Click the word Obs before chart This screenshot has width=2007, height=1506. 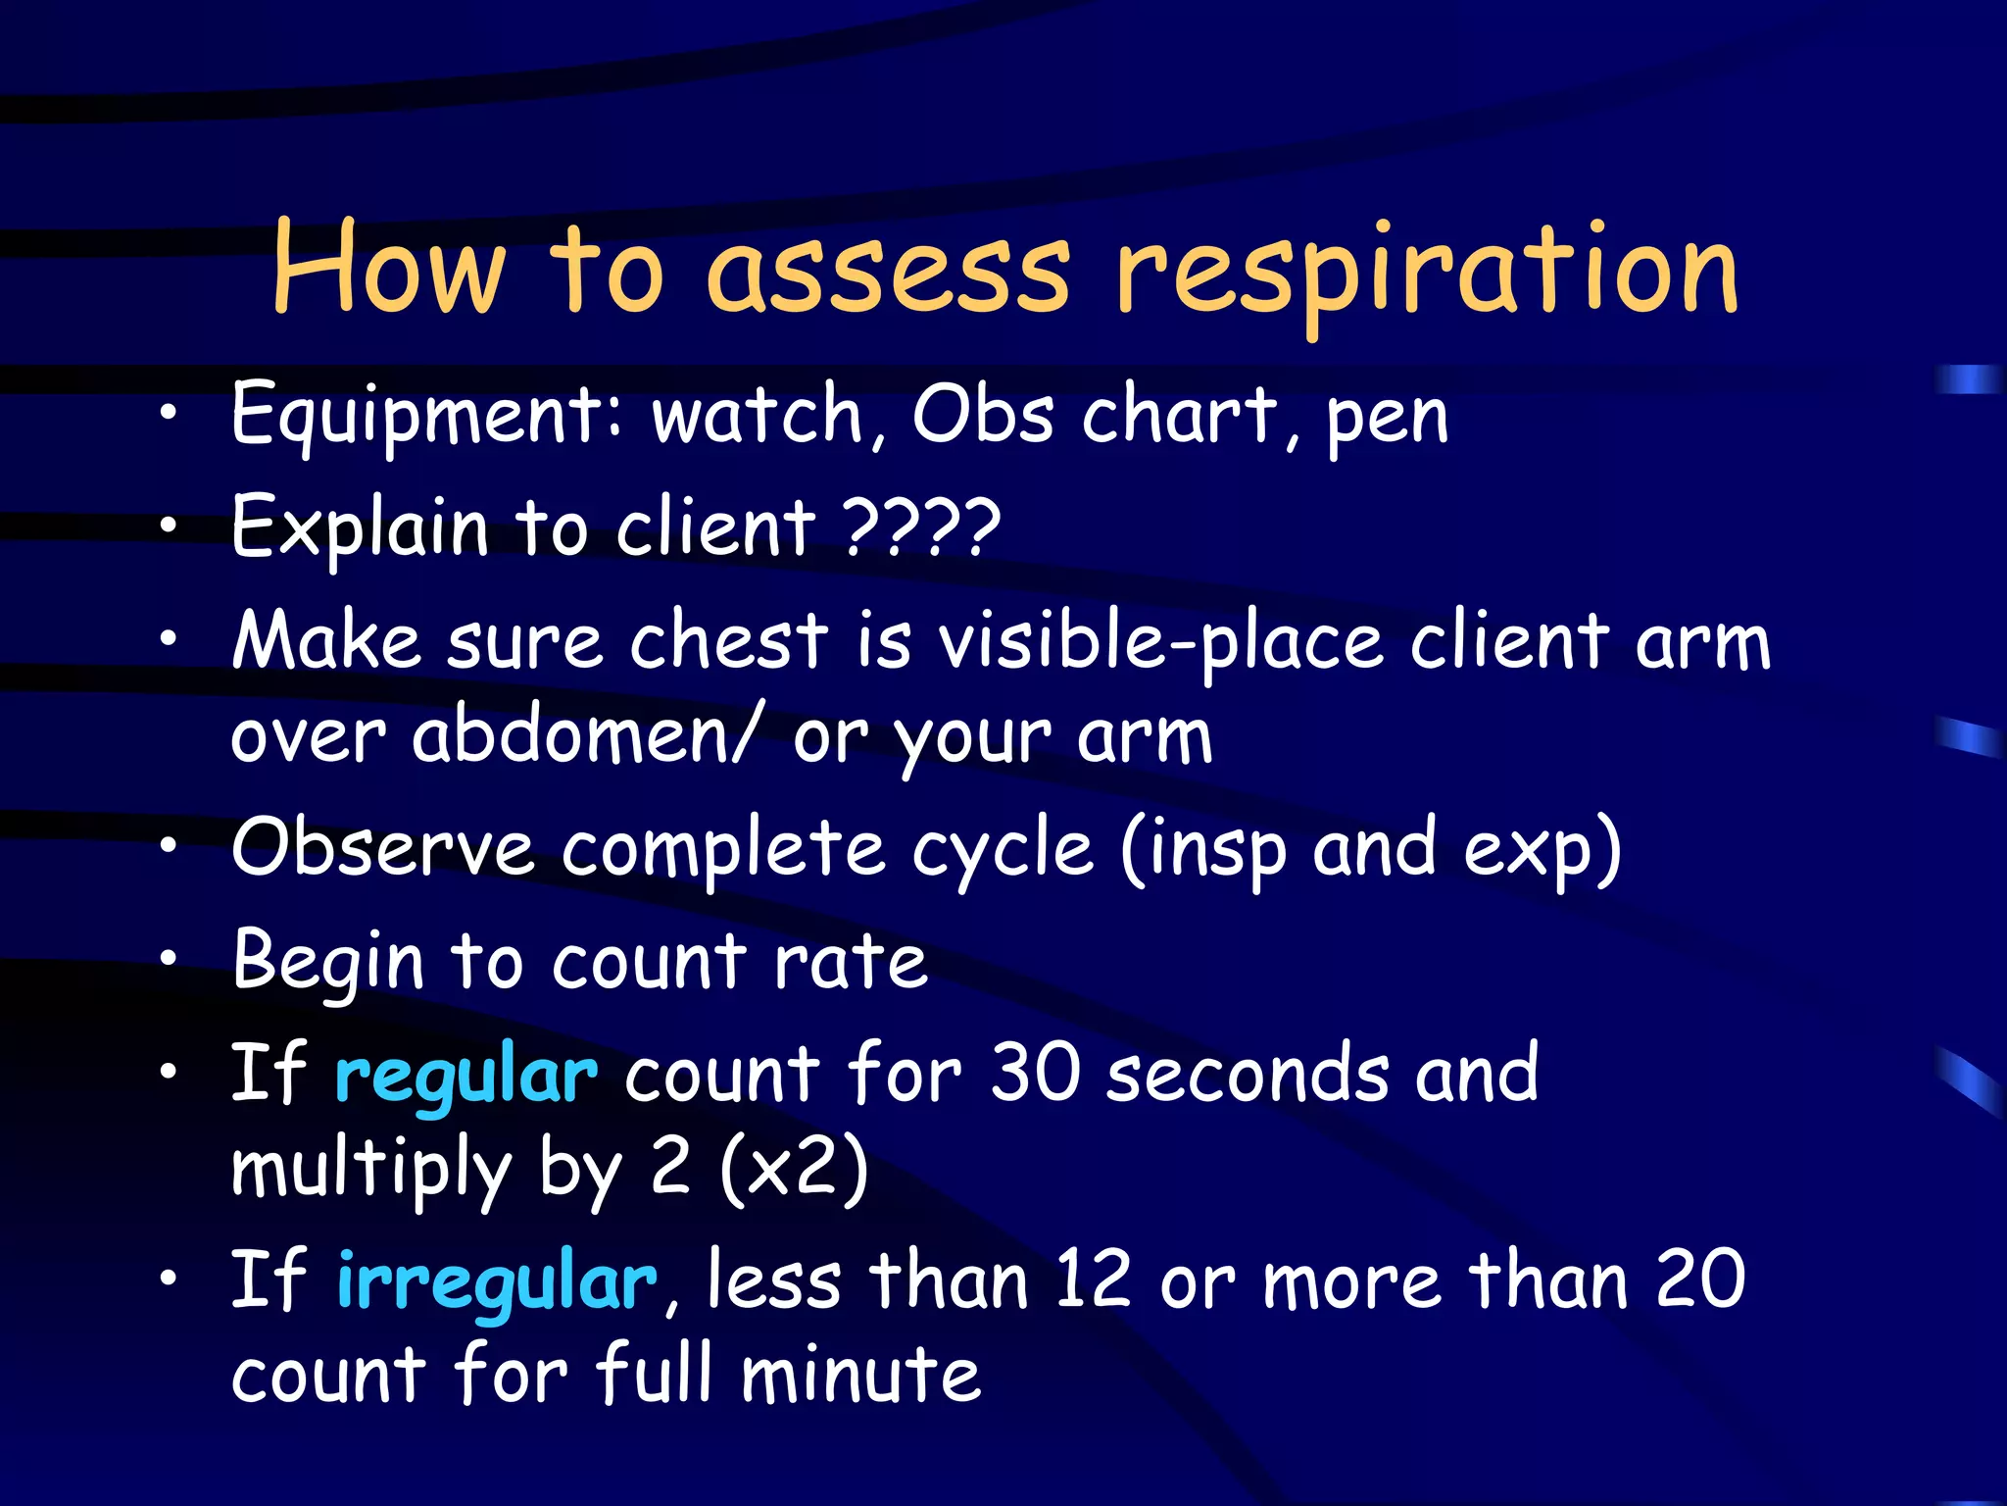coord(983,414)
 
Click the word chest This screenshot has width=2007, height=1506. coord(729,641)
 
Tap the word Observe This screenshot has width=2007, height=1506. coord(383,847)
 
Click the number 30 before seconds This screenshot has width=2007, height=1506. coord(1034,1074)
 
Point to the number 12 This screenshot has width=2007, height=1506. coord(1093,1280)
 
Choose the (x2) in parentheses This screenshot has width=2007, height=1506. coord(794,1168)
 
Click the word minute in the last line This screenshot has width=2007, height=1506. coord(860,1375)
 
